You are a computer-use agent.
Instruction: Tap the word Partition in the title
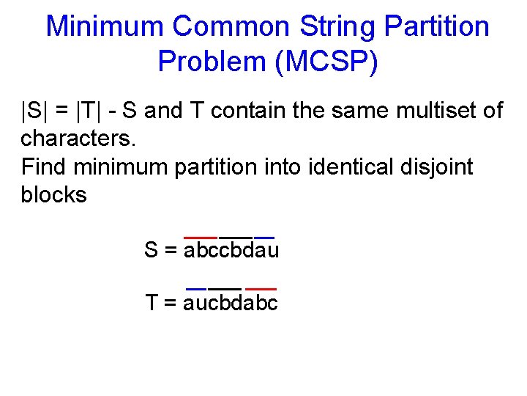[436, 27]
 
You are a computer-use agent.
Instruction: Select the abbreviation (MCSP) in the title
[326, 62]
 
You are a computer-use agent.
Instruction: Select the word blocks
[53, 194]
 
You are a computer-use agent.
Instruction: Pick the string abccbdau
[231, 251]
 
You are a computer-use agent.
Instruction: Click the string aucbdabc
[231, 302]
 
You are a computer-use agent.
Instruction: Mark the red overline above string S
[201, 237]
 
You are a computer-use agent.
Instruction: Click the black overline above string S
[236, 237]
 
